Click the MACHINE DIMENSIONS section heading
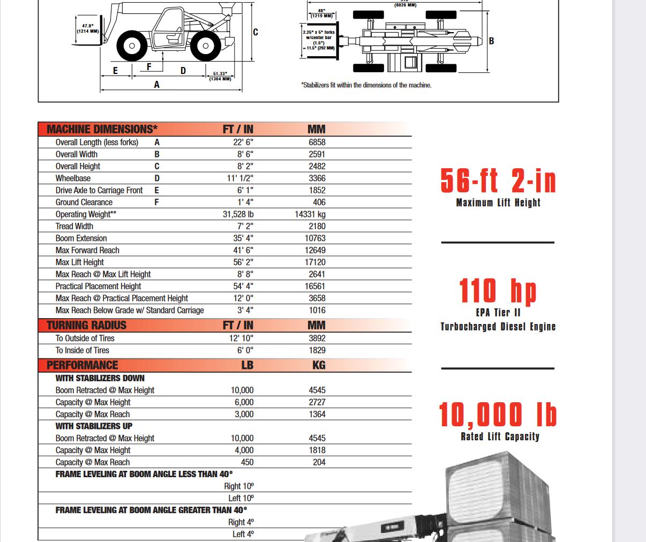pyautogui.click(x=102, y=129)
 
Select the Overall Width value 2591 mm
pyautogui.click(x=317, y=154)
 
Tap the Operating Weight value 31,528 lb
pyautogui.click(x=238, y=214)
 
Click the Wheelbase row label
pyautogui.click(x=73, y=178)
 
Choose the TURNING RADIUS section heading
pyautogui.click(x=86, y=325)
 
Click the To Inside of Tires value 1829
pyautogui.click(x=317, y=350)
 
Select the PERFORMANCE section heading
pyautogui.click(x=82, y=365)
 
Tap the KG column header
pyautogui.click(x=319, y=365)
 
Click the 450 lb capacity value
pyautogui.click(x=247, y=462)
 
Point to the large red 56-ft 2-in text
pyautogui.click(x=498, y=180)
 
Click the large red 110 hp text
pyautogui.click(x=498, y=291)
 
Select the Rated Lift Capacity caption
pyautogui.click(x=500, y=436)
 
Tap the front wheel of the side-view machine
pyautogui.click(x=131, y=46)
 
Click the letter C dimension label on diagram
pyautogui.click(x=256, y=32)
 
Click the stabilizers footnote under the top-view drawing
pyautogui.click(x=366, y=85)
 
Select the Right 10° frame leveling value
pyautogui.click(x=239, y=486)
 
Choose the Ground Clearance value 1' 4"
pyautogui.click(x=245, y=202)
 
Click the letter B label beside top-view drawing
pyautogui.click(x=491, y=41)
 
